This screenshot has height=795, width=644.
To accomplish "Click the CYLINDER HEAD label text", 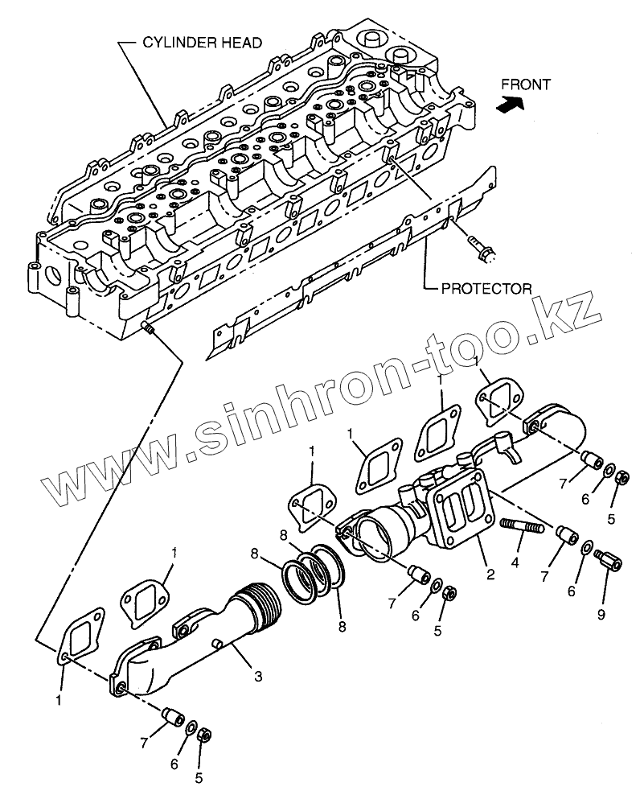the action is [x=202, y=43].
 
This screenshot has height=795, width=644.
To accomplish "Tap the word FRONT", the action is [x=525, y=84].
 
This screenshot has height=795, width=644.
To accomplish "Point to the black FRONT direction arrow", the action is [x=509, y=102].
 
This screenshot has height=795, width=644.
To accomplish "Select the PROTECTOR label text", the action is [x=486, y=287].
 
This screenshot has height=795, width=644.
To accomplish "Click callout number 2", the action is [x=490, y=575].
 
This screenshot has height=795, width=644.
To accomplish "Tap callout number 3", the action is [x=257, y=678].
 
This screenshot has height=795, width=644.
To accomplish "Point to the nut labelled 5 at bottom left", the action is [x=203, y=735].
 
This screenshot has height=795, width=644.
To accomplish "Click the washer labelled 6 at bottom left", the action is [x=191, y=728].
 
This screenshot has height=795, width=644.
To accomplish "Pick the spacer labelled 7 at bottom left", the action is [x=172, y=715].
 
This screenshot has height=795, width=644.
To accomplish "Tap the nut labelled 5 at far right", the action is [x=621, y=479].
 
